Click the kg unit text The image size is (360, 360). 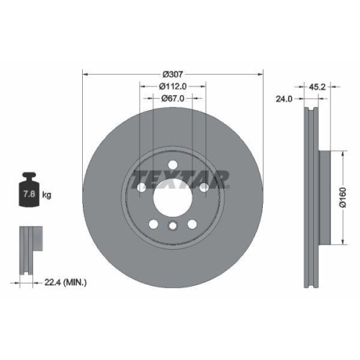coord(47,194)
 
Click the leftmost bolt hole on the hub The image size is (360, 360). coord(141,188)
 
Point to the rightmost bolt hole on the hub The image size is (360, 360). coord(204,188)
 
